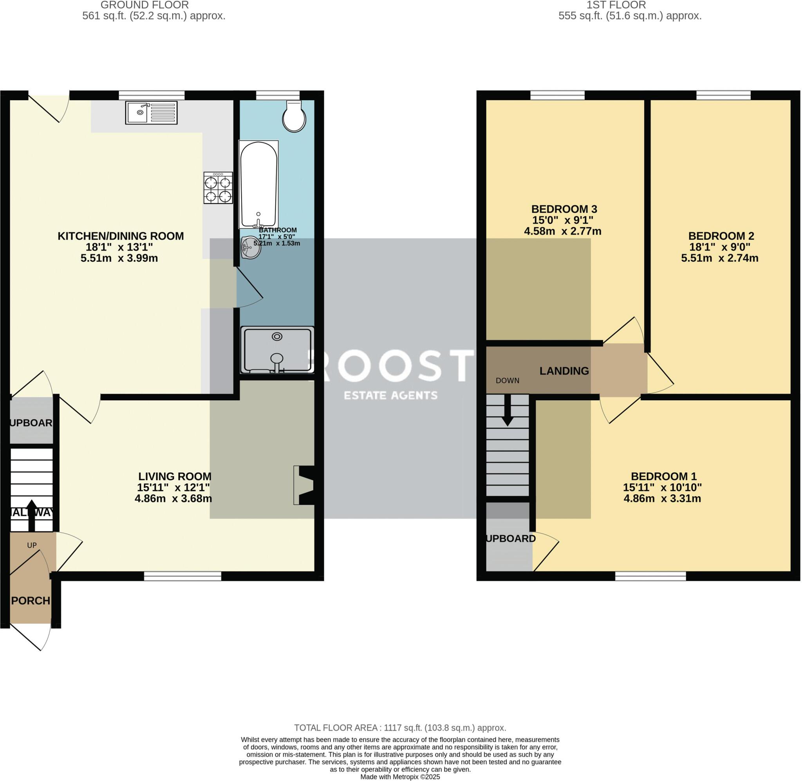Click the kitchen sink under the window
[151, 113]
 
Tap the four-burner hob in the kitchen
[218, 188]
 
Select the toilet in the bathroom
[294, 116]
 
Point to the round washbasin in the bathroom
[251, 248]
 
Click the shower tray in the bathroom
[277, 349]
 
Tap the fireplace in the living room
[304, 485]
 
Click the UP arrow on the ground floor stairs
[31, 515]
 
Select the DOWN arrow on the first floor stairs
[508, 410]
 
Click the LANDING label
[564, 371]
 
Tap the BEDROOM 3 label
[564, 209]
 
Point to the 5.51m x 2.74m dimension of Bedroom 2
[720, 259]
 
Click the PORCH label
[31, 601]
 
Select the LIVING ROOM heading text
[175, 477]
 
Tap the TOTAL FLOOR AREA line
[400, 728]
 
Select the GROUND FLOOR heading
[145, 5]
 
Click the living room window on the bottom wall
[182, 576]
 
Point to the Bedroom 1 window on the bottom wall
[650, 576]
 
